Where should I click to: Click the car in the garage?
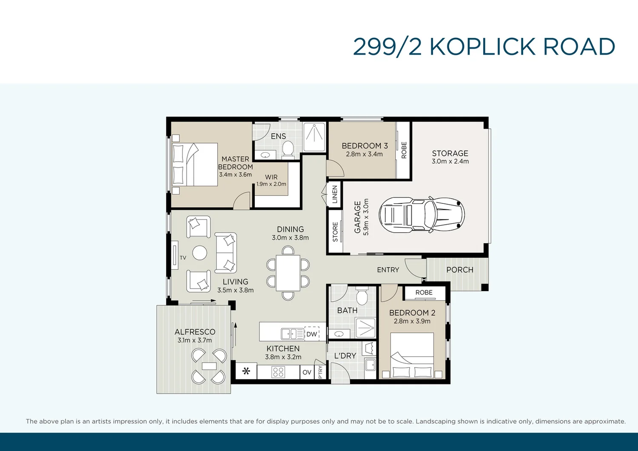click(x=421, y=214)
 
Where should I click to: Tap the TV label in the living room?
click(x=183, y=258)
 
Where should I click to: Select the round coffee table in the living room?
click(x=199, y=253)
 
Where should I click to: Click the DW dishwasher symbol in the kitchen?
click(x=312, y=334)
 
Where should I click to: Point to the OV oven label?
click(x=307, y=372)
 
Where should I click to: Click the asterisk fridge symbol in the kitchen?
click(x=246, y=371)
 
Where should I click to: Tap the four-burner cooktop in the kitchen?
click(x=279, y=372)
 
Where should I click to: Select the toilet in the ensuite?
click(x=288, y=149)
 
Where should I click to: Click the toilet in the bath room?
click(x=362, y=296)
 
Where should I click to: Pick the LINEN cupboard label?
click(x=335, y=194)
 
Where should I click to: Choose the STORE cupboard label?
click(x=335, y=232)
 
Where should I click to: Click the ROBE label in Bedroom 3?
click(x=404, y=150)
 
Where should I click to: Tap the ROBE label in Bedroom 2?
click(x=424, y=293)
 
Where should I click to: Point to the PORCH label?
click(x=459, y=270)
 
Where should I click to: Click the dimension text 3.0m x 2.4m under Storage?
click(x=450, y=162)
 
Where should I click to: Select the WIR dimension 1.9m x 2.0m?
click(x=271, y=184)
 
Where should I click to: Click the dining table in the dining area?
click(x=288, y=273)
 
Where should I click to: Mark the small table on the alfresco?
click(x=209, y=366)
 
